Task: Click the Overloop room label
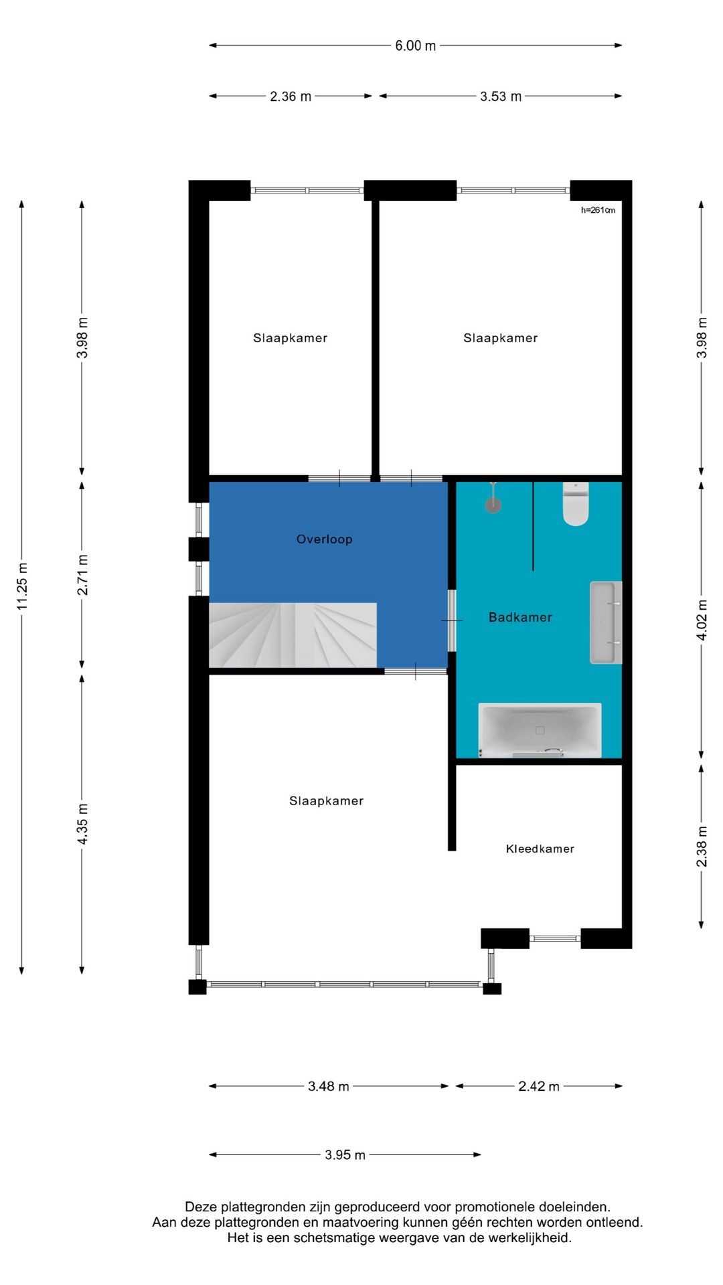click(324, 539)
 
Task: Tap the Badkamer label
click(520, 617)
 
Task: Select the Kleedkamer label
click(540, 849)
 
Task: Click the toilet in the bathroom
click(576, 503)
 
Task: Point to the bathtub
click(540, 730)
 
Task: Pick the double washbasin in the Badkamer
click(606, 622)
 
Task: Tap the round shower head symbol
click(493, 505)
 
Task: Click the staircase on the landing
click(293, 635)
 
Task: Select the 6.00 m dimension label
click(415, 46)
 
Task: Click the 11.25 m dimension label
click(22, 586)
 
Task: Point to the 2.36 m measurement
click(291, 96)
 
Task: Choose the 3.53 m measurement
click(501, 96)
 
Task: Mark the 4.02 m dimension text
click(702, 620)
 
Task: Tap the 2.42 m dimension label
click(539, 1086)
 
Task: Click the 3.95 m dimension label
click(345, 1155)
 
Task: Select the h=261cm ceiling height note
click(598, 210)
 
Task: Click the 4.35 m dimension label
click(82, 824)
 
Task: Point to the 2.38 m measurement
click(702, 847)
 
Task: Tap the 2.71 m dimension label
click(82, 575)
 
